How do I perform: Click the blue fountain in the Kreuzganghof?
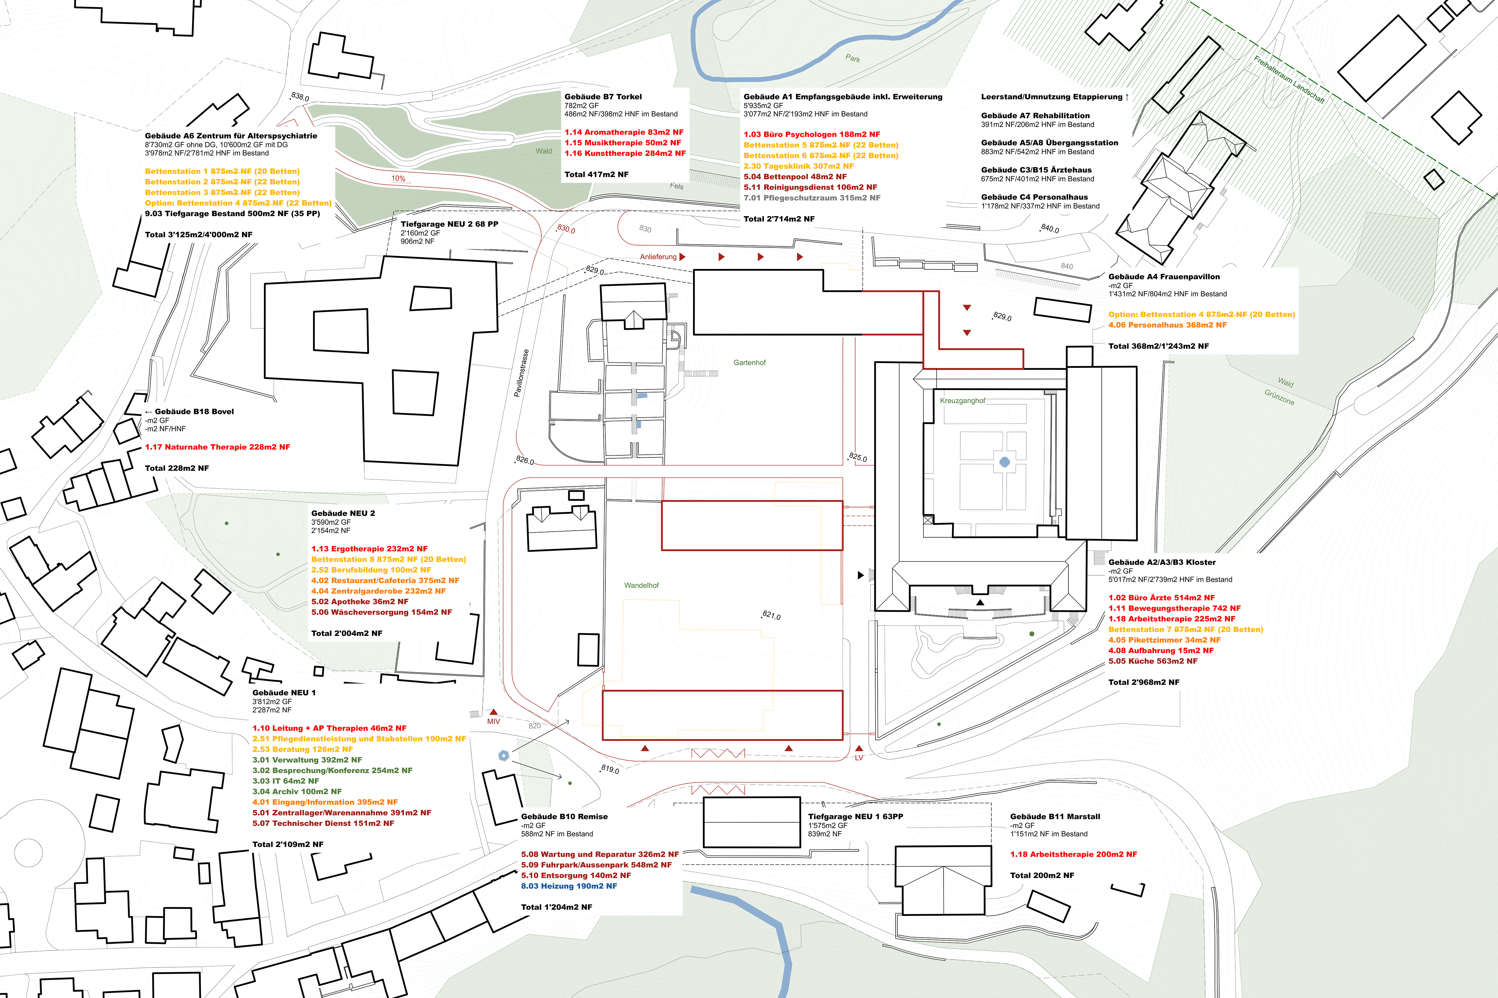(1004, 462)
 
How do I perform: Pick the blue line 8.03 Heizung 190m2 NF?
(569, 886)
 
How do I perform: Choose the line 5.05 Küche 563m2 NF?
(1153, 661)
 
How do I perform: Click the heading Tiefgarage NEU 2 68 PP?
(449, 224)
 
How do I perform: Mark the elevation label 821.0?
(771, 615)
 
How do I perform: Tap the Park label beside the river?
(853, 59)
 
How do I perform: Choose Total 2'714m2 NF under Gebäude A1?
(779, 219)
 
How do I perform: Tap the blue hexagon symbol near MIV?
(503, 756)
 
